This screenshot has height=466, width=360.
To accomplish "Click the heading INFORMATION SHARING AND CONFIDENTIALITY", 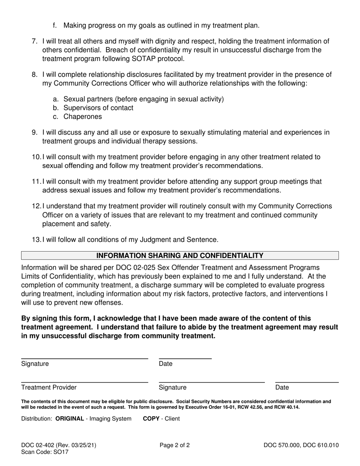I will click(x=180, y=256).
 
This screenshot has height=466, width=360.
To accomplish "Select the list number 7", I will click(x=34, y=41).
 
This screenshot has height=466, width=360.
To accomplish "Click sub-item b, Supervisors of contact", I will click(x=98, y=108).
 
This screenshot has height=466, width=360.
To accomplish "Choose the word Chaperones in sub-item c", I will click(x=83, y=117).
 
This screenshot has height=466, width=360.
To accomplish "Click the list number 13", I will click(x=36, y=240).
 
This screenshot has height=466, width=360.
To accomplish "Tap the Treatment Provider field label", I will click(x=49, y=387).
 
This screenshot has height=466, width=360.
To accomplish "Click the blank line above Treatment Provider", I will click(x=85, y=382).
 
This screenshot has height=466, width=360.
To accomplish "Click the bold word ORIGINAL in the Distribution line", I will click(x=70, y=419).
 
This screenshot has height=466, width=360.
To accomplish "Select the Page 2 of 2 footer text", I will click(x=175, y=446).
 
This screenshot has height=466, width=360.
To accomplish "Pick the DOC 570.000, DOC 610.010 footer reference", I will click(x=301, y=446).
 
